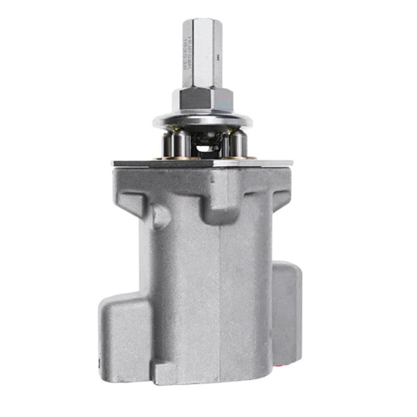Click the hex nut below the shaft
202,99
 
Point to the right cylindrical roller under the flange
238,143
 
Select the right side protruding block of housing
287,313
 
